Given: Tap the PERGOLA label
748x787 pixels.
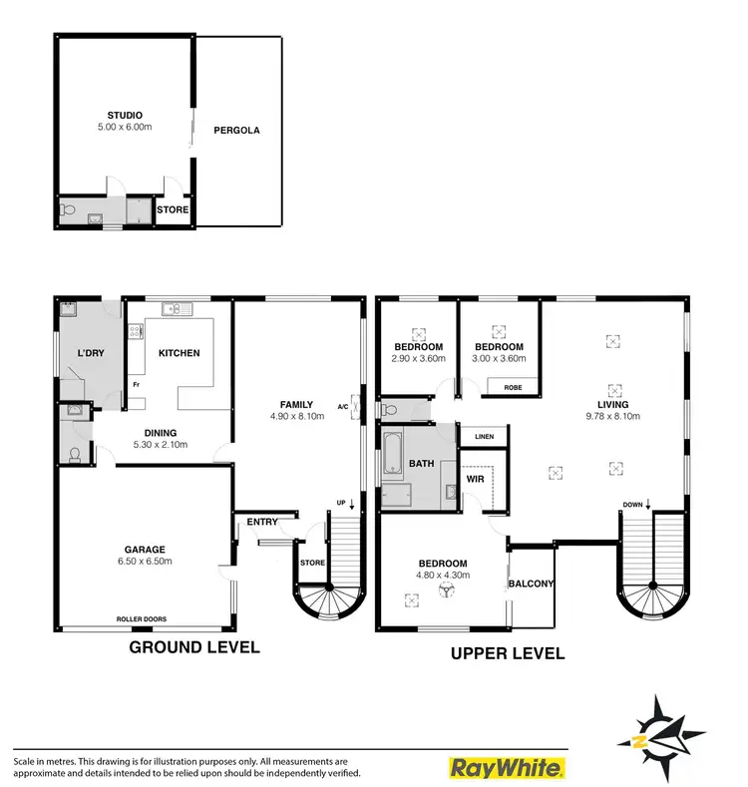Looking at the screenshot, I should click(237, 130).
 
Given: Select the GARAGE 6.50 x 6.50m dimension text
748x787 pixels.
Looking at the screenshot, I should click(144, 562).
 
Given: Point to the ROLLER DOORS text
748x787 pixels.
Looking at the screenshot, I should click(141, 619).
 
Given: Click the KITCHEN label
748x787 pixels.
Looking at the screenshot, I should click(179, 353).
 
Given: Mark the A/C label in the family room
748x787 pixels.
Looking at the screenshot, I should click(343, 406).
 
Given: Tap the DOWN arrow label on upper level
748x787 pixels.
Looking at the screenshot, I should click(634, 505).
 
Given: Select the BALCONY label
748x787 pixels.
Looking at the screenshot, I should click(531, 584).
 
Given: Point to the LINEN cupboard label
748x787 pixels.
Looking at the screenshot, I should click(485, 437).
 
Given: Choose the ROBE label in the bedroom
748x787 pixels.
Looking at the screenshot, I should click(514, 387).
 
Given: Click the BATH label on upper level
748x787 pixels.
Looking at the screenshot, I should click(419, 464).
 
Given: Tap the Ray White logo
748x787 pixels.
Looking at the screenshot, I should click(507, 767).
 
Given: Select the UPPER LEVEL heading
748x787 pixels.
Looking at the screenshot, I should click(508, 654).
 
